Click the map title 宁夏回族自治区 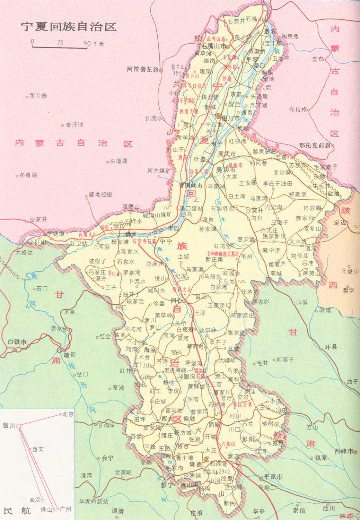pos(68,27)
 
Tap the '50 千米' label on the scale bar pos(94,44)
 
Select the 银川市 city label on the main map pos(230,118)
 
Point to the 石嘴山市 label pos(214,46)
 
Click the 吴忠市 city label pos(226,170)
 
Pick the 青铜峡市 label pos(191,185)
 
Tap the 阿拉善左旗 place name pos(143,69)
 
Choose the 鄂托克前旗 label pos(315,146)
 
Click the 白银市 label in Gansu pos(17,342)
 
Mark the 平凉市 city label pos(273,477)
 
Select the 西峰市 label pos(344,451)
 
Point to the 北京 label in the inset pos(68,414)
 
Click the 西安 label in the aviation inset pos(38,449)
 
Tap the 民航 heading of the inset pos(17,510)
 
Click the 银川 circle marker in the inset pos(19,426)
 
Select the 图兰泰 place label pos(38,96)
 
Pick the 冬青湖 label pos(28,175)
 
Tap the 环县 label pos(331,347)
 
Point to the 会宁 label pos(107,458)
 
